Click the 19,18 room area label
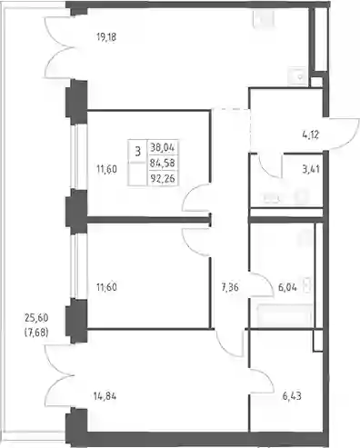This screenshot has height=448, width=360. pos(106,37)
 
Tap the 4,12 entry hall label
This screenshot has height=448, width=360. pos(311,134)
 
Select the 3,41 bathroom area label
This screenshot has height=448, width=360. pos(311,169)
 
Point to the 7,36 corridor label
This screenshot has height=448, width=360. pos(230,287)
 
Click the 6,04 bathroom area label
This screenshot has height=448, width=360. pos(287,287)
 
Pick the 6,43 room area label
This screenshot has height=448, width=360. pos(292,396)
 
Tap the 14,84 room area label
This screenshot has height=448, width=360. pos(105,396)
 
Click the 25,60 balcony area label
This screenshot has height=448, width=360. pos(36,318)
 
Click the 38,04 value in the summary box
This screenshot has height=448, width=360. pos(163,148)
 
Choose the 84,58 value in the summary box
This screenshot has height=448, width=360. pos(163,163)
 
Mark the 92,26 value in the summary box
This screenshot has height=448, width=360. pos(163,178)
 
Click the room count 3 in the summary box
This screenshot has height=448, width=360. pos(138,151)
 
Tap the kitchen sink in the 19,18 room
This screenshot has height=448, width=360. pos(299,76)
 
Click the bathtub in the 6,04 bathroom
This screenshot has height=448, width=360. pos(285,315)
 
